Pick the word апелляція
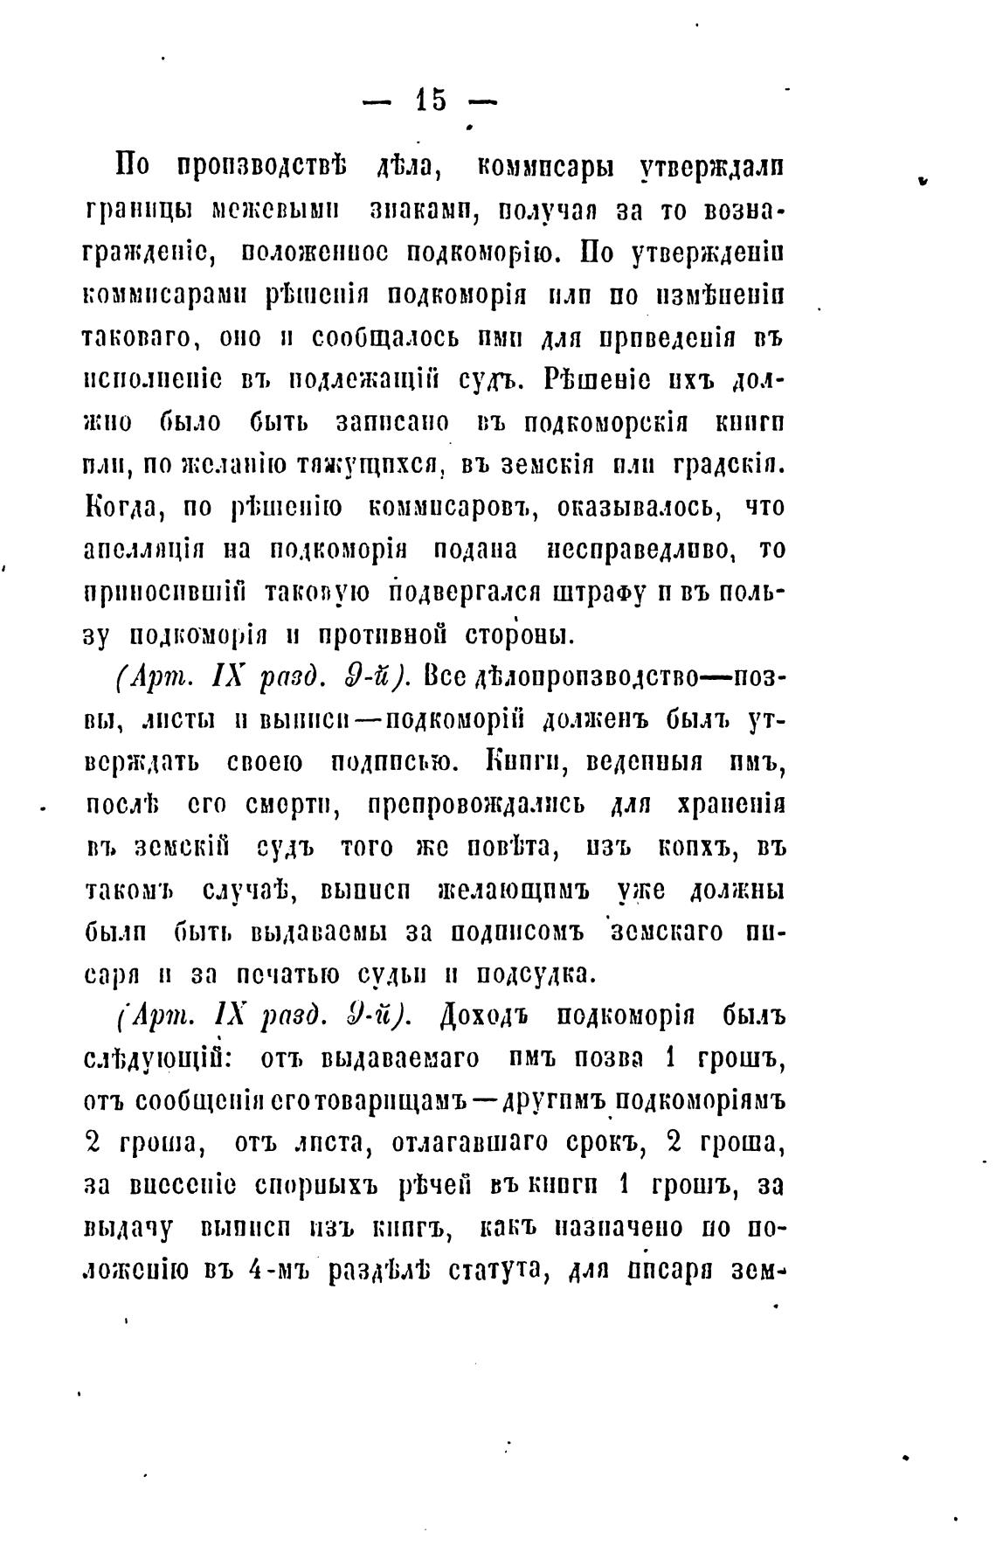coord(144,550)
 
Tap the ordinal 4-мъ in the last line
coord(276,1271)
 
